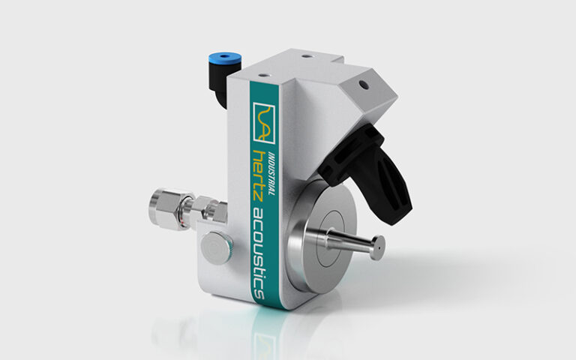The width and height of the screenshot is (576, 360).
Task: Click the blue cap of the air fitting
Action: pos(224,58)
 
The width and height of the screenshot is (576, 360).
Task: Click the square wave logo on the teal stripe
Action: pos(264,123)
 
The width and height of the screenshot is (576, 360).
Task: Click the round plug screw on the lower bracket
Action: pos(216,248)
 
